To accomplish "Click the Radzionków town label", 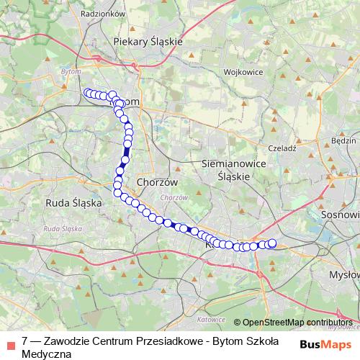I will coord(104,14).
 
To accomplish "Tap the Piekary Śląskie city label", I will coord(148,42).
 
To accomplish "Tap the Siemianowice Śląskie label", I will coord(225,170).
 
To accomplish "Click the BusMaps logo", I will coord(325,344).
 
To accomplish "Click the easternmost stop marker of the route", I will coord(272,243).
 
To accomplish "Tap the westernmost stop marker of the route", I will coord(88,92).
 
